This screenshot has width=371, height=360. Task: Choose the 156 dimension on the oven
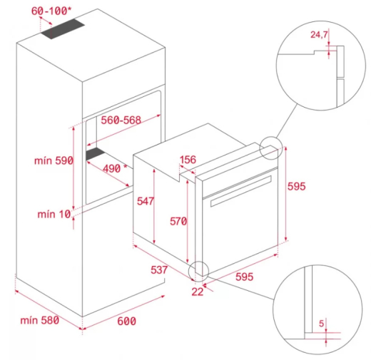pos(188,160)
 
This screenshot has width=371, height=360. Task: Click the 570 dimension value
pos(177,221)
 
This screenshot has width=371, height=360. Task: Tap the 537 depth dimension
pos(158,269)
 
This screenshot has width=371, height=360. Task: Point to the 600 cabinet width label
pos(126,322)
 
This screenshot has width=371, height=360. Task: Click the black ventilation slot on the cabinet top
pos(61,29)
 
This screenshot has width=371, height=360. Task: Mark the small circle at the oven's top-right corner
pos(272,148)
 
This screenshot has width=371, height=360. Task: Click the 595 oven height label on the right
pos(296,187)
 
